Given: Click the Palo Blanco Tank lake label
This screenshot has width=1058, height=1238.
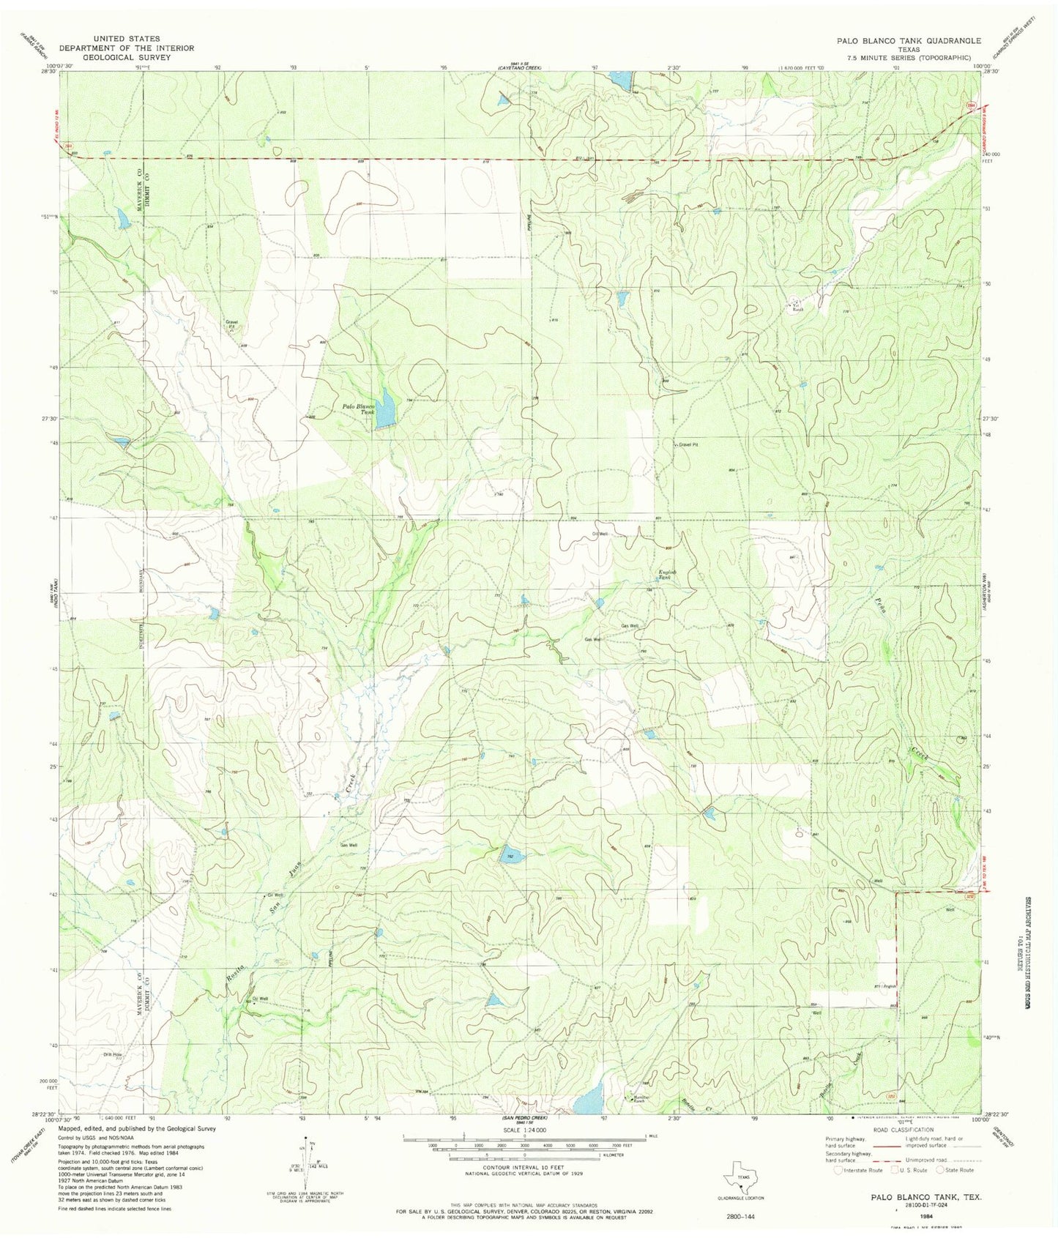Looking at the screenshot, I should (x=360, y=408).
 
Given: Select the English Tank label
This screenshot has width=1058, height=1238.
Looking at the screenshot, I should (x=664, y=574).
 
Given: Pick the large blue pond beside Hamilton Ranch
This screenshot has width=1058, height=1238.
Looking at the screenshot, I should (x=589, y=1097).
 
